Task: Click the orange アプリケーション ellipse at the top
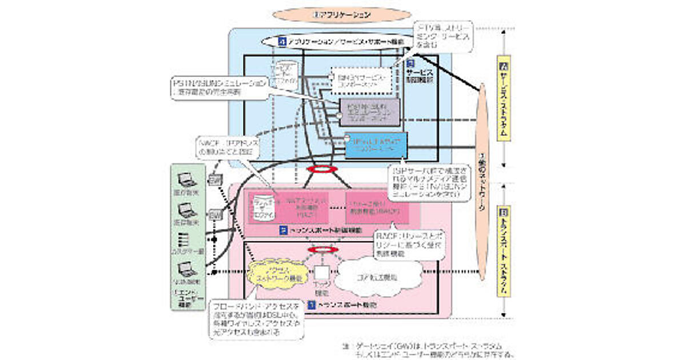[342, 14]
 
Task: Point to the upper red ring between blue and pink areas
[320, 170]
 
